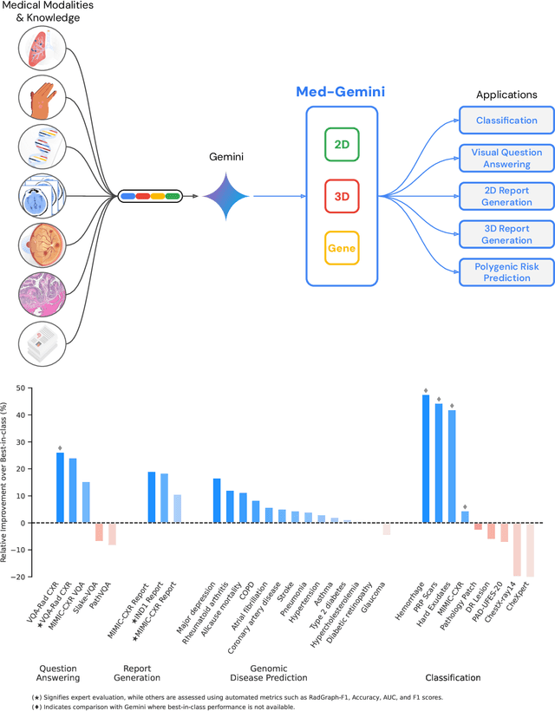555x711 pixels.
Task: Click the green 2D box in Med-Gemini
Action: (342, 144)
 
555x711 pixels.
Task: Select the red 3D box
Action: (342, 196)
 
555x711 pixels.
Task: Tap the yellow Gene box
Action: (342, 249)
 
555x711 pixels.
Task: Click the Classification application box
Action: (506, 121)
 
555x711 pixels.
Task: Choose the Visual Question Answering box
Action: (506, 158)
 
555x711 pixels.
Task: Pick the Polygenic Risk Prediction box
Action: (506, 271)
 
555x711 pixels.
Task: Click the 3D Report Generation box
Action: (506, 234)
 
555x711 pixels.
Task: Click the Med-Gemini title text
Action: (341, 91)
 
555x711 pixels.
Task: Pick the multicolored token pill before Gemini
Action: (149, 196)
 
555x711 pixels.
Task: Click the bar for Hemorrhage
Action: (426, 459)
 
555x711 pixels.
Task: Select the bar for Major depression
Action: (217, 500)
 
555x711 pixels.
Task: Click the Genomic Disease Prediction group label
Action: (270, 672)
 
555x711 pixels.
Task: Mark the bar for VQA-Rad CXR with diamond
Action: (60, 487)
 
